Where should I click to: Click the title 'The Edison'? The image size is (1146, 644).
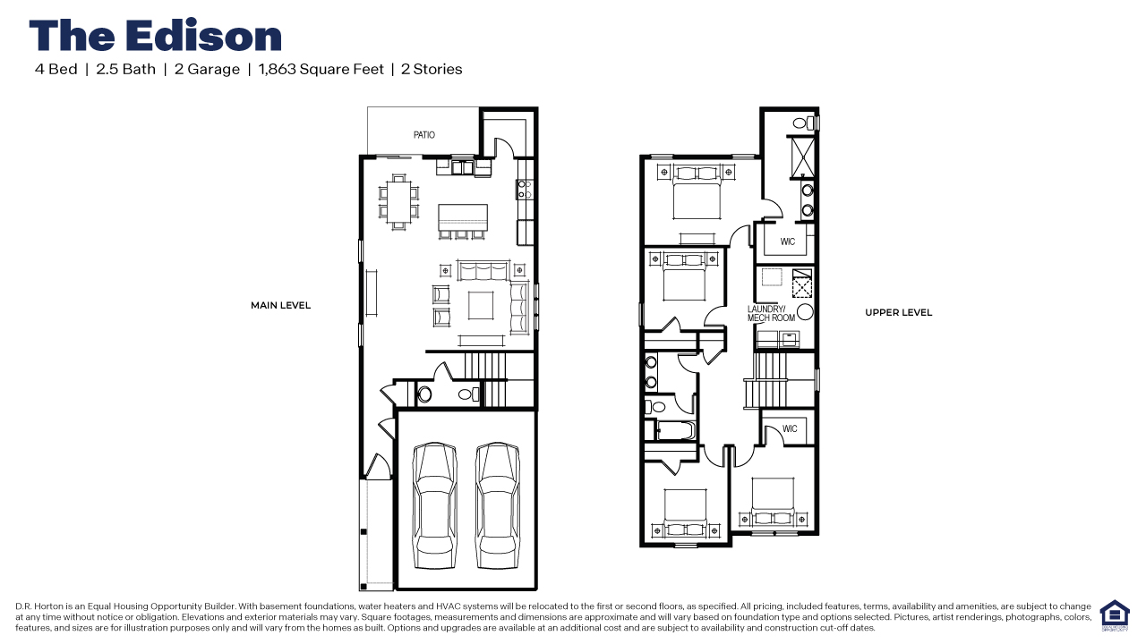(x=156, y=36)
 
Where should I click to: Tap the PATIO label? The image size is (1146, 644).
(x=424, y=135)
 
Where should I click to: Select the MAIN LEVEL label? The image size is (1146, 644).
(x=280, y=306)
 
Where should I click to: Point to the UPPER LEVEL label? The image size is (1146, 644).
(x=898, y=313)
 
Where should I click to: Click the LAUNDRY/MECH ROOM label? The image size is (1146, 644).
(x=771, y=314)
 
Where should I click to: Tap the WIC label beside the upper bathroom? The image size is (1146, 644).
(x=788, y=242)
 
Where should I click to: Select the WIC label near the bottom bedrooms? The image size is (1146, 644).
(x=790, y=429)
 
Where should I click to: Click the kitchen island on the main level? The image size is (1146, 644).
(x=463, y=217)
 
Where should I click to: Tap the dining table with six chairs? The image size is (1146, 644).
(x=398, y=200)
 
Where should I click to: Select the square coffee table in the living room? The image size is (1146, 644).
(x=481, y=306)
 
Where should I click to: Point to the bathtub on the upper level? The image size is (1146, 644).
(x=671, y=431)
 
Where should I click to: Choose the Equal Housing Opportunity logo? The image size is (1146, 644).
(x=1114, y=615)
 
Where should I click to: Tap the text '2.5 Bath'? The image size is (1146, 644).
(x=125, y=69)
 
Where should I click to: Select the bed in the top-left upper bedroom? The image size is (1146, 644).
(x=697, y=192)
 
